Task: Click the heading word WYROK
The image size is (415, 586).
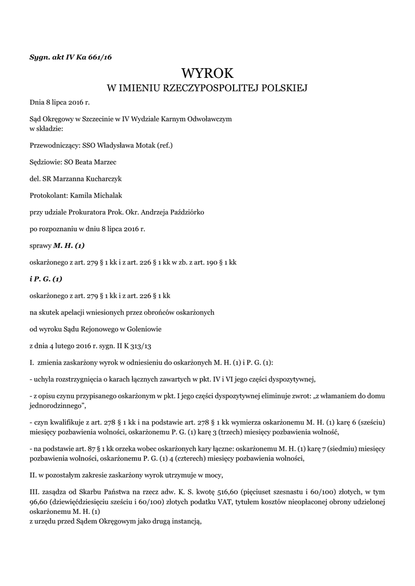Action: pyautogui.click(x=207, y=73)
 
